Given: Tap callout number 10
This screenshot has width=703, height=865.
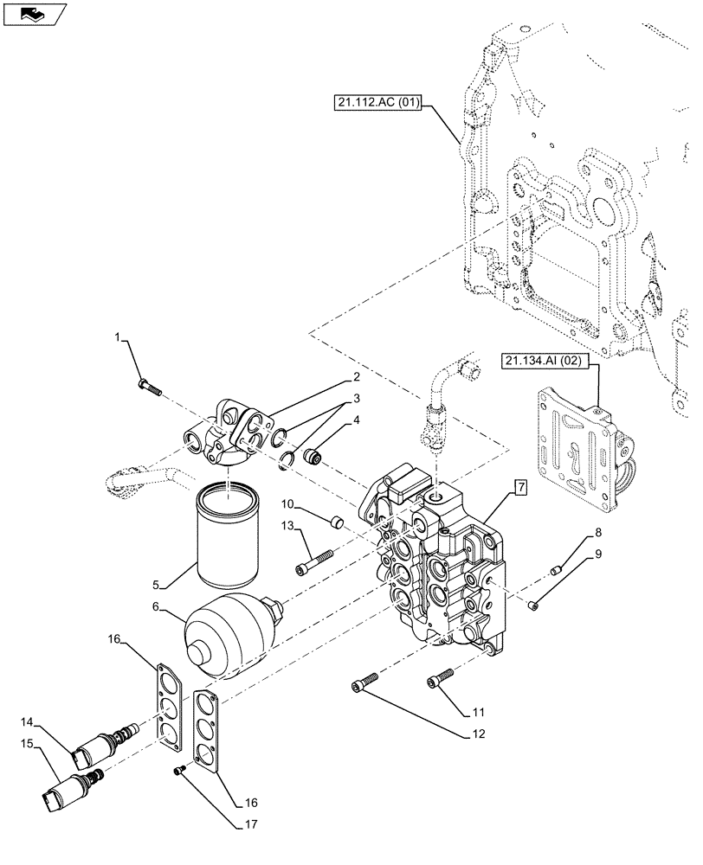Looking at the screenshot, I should click(286, 503).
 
